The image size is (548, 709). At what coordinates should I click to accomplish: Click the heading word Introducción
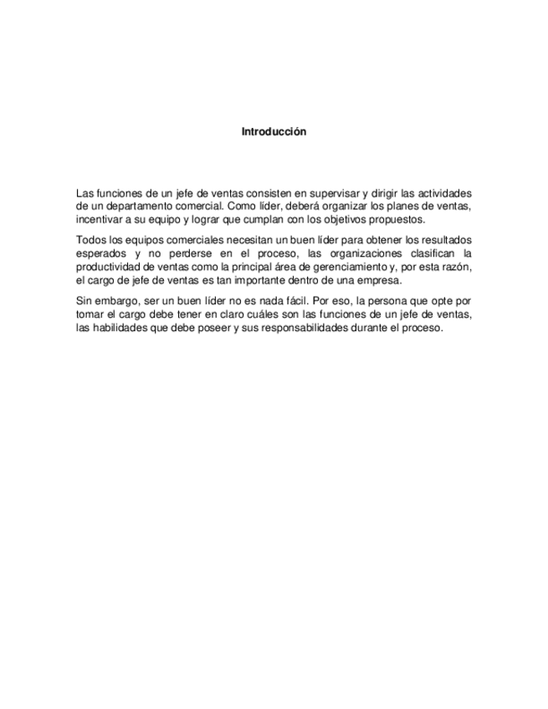(x=274, y=131)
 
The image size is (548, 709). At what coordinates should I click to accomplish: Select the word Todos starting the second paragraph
(x=90, y=240)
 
